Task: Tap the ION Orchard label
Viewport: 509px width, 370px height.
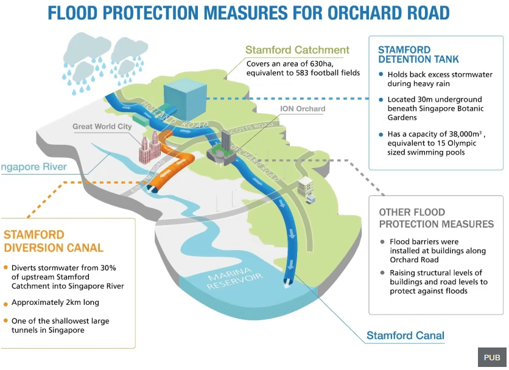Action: (303, 109)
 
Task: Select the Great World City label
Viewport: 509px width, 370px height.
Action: (102, 127)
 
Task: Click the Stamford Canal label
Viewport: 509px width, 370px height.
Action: (405, 335)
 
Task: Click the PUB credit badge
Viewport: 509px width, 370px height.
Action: (491, 357)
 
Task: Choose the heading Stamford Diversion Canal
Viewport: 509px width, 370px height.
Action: (54, 241)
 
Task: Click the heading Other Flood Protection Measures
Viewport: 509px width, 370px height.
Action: (436, 218)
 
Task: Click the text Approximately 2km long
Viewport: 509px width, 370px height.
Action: (55, 302)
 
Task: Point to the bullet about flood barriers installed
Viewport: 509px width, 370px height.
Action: (424, 250)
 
